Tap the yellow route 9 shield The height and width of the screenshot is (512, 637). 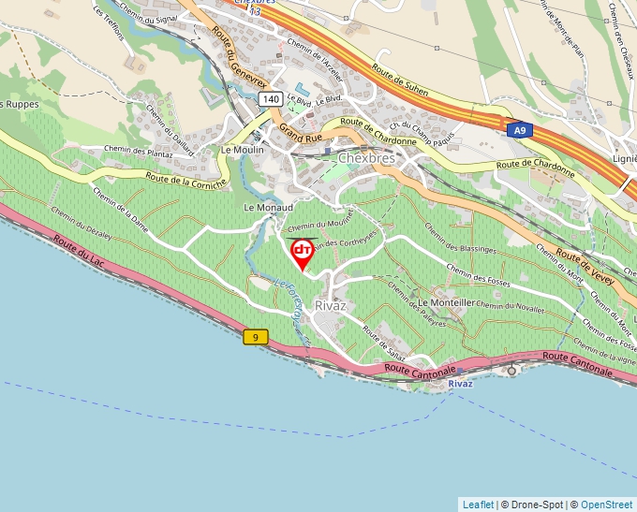coord(255,336)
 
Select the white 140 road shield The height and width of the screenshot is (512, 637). coord(271,98)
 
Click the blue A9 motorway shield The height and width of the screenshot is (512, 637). coord(518,131)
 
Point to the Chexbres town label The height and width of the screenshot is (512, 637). coord(367,158)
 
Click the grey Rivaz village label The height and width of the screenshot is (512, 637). coord(332,306)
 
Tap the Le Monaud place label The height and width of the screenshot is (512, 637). coord(268,207)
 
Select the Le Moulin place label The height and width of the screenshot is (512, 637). coord(242,150)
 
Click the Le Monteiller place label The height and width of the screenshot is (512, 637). coord(446,303)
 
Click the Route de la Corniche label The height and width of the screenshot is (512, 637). coord(185,178)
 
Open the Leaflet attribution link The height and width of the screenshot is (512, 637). coord(478,505)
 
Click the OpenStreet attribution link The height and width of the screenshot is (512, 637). coord(606,505)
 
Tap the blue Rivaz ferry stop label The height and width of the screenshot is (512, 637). coord(460,384)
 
